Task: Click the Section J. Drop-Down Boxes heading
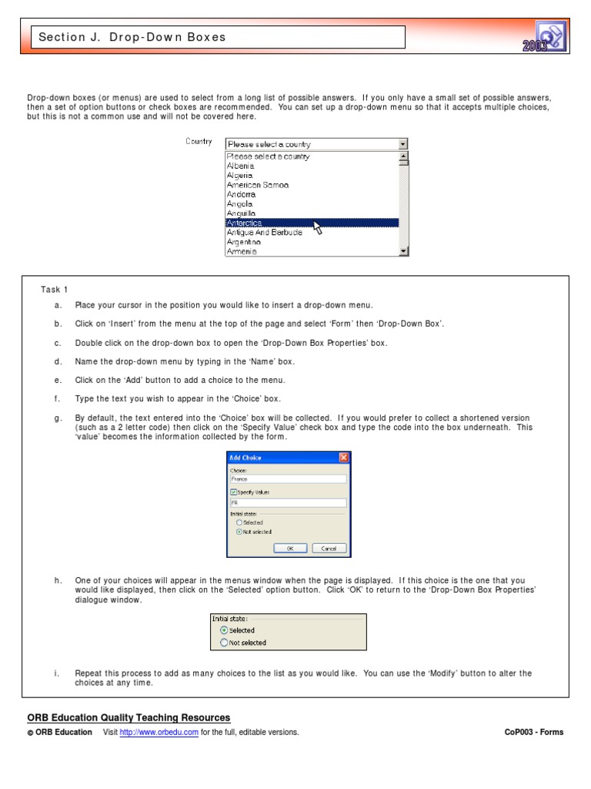coord(132,37)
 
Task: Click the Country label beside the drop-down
coord(199,142)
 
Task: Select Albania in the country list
coord(241,166)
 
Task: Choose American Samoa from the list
coord(258,185)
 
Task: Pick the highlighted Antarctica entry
coord(245,223)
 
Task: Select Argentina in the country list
coord(244,242)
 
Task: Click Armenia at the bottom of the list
coord(242,251)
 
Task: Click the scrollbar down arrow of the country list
coord(403,251)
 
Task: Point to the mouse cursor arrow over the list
coord(317,228)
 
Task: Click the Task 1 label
coord(55,290)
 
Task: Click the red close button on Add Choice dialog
coord(344,458)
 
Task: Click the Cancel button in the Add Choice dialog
coord(329,549)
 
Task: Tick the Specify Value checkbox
coord(234,492)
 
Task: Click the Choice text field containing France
coord(288,478)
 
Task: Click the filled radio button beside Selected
coord(224,630)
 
